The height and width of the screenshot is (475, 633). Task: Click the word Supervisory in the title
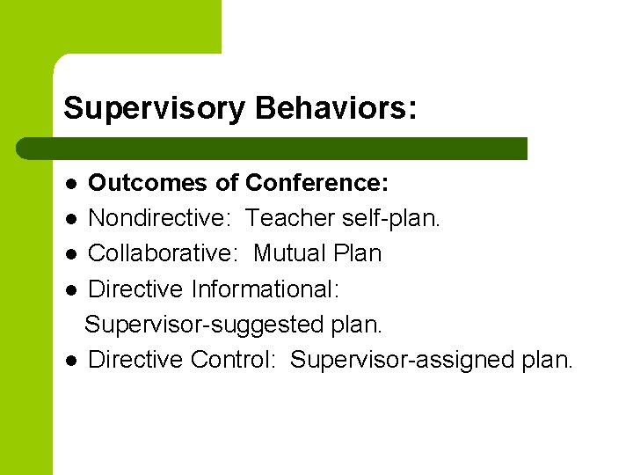point(155,109)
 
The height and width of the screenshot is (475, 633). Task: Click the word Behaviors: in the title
point(336,109)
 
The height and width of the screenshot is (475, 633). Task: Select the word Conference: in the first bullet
point(316,183)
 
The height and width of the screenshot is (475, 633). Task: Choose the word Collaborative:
point(165,253)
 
